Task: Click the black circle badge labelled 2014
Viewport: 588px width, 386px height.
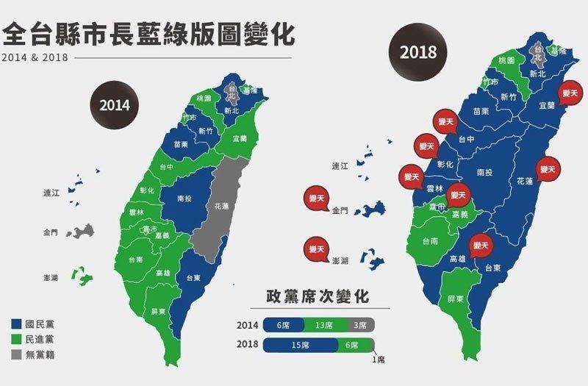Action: [x=115, y=104]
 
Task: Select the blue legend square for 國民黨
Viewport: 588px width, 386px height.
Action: [x=16, y=324]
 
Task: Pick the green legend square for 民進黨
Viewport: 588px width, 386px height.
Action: [x=16, y=339]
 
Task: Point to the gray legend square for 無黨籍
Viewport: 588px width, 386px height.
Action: [x=16, y=354]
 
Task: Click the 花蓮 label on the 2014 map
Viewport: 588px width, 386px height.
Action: [x=220, y=207]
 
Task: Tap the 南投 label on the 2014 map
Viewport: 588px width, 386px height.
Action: [x=185, y=199]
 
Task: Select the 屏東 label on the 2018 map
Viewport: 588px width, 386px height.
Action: [x=455, y=299]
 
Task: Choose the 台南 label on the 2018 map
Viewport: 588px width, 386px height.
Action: [x=430, y=240]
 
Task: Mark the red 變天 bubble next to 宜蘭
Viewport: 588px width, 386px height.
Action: [x=570, y=93]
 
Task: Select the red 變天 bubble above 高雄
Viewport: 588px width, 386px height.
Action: [x=481, y=245]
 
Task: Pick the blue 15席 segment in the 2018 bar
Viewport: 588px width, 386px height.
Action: [x=300, y=344]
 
